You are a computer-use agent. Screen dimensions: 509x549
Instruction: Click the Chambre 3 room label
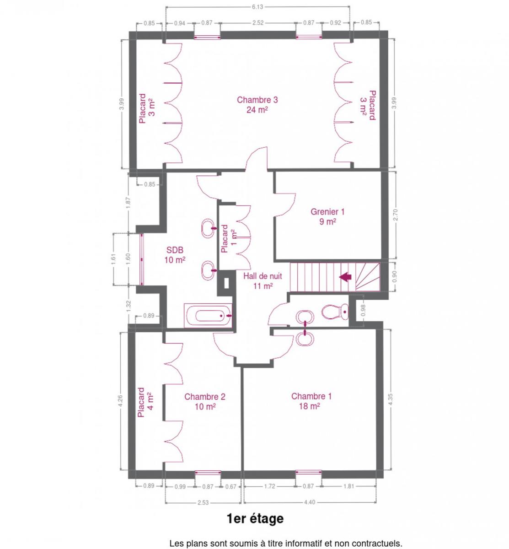coord(257,104)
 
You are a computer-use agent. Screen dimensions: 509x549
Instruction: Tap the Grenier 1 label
coord(327,216)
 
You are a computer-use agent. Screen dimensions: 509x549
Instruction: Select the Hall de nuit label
coord(263,281)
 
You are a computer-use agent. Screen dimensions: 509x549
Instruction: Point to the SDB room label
coord(175,255)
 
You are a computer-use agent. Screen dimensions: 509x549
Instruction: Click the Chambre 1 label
coord(311,401)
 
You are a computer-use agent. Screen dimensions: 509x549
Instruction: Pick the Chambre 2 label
coord(205,401)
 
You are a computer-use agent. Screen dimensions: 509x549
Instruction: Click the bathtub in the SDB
coord(208,315)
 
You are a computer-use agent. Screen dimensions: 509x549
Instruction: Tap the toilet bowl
coord(335,312)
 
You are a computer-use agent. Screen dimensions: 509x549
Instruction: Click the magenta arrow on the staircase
coord(345,276)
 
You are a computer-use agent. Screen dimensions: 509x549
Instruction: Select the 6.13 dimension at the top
coord(257,7)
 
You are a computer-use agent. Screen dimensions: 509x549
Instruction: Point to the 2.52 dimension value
coord(258,23)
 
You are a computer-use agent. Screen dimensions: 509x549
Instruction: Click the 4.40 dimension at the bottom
coord(310,502)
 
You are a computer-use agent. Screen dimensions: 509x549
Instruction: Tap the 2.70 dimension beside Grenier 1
coord(395,215)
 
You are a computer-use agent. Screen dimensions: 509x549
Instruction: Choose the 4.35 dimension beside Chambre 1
coord(390,399)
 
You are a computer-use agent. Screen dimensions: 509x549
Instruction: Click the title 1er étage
coord(255,519)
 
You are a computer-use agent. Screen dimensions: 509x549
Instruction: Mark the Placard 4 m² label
coord(145,402)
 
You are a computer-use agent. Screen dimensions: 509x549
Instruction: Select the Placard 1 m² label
coord(229,238)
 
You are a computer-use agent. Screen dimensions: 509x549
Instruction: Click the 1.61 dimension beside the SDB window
coord(113,259)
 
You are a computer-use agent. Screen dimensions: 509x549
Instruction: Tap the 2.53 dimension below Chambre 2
coord(203,502)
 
